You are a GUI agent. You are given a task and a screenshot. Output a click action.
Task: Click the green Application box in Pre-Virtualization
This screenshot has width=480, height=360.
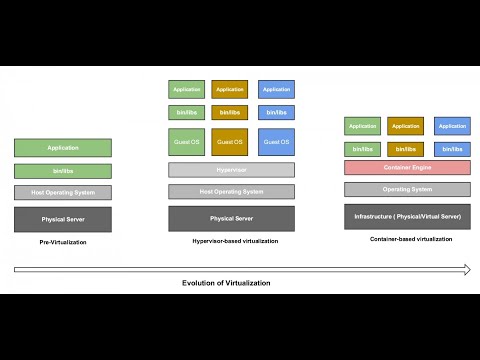coord(62,147)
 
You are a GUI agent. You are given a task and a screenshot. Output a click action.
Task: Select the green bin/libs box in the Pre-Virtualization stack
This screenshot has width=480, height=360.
coord(62,171)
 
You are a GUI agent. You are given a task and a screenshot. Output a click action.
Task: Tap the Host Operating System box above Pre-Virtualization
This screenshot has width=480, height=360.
coord(62,192)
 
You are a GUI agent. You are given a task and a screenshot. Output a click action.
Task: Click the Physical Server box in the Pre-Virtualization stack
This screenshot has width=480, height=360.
coord(62,218)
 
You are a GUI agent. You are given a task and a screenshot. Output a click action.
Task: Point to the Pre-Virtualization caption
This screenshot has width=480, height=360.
coord(62,242)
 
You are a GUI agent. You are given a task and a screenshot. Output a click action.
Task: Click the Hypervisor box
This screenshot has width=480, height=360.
coord(231,170)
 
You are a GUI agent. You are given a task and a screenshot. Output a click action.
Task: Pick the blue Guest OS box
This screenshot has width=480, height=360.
coord(276,142)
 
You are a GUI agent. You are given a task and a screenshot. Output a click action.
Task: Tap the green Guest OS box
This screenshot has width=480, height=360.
coord(187,142)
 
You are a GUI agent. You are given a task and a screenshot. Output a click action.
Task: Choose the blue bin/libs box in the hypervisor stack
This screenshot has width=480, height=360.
coord(276,112)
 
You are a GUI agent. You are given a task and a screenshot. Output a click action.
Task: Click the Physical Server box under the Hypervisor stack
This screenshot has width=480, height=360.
coord(231,218)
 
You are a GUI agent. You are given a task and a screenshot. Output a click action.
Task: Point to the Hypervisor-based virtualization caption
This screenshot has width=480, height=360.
coord(234,241)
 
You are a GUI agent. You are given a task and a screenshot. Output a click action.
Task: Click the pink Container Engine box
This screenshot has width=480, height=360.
coord(407,167)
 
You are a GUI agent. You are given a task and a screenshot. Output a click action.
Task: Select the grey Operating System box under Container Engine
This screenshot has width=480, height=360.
coord(407,189)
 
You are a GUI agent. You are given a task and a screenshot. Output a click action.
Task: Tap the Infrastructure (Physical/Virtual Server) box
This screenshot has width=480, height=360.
coord(407,215)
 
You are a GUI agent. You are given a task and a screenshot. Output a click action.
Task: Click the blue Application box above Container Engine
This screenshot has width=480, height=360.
coord(452,126)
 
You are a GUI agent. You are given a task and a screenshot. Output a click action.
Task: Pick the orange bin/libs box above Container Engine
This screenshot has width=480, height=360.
coord(406,149)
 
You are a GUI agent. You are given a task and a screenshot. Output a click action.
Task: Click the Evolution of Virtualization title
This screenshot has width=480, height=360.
coord(226,283)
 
